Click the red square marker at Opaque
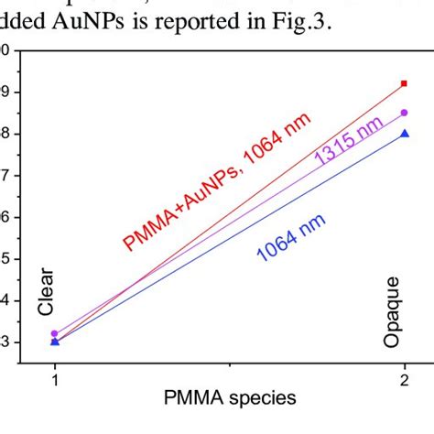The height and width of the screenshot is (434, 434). (405, 84)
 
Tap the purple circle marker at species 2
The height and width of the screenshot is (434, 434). (405, 113)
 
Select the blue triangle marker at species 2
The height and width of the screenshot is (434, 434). (405, 134)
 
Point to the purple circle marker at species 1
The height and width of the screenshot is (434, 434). (54, 334)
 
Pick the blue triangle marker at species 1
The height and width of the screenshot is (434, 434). (54, 342)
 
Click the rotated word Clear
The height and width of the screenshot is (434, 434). (48, 292)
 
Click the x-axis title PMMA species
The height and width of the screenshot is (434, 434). (230, 399)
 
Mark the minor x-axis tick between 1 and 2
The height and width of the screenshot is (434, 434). (230, 366)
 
